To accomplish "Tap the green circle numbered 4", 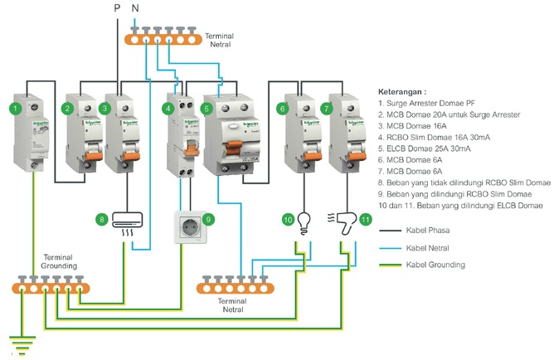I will (168, 109).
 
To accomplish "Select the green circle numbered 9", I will (208, 219).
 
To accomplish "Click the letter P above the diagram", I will (117, 8).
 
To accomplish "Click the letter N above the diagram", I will (135, 8).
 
